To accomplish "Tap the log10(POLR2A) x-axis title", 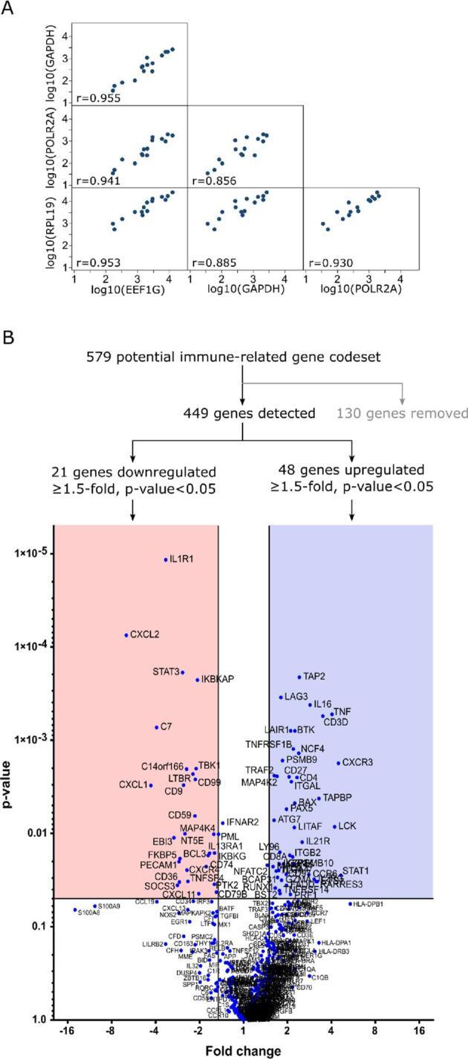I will click(361, 292).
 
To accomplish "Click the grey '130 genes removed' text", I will click(403, 413).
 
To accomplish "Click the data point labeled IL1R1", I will click(166, 560).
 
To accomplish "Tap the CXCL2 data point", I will click(126, 635).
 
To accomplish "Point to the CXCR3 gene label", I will click(357, 762).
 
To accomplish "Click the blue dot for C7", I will click(157, 727).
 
